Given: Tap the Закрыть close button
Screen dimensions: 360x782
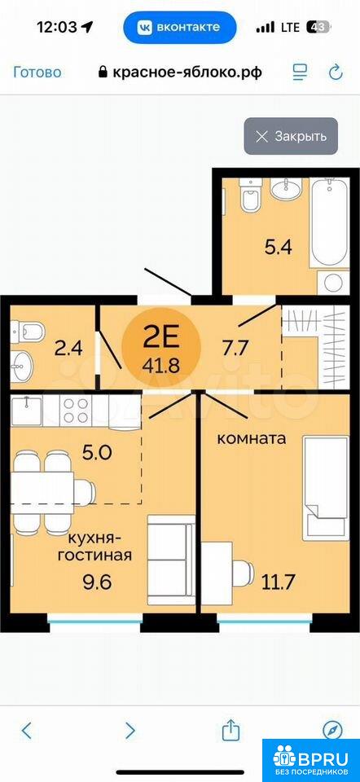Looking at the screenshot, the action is tap(291, 136).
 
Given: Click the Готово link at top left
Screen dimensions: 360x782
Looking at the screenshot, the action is tap(37, 72).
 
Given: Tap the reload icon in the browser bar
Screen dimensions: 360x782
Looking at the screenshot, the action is tap(336, 72).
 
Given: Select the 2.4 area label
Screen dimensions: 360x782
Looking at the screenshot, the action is tap(68, 349).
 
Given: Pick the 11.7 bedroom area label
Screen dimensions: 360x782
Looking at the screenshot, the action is tap(279, 582).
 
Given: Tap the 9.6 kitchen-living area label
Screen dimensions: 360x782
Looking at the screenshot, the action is tap(98, 582).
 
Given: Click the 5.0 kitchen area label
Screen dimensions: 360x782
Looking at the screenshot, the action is tap(99, 454).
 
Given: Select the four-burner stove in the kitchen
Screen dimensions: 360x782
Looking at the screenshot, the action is tap(75, 411).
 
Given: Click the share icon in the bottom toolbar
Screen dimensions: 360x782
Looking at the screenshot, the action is tap(230, 730).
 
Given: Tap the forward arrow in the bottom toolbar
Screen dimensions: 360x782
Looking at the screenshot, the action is tap(130, 731).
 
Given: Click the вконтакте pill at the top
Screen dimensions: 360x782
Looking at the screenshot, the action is tap(179, 28).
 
